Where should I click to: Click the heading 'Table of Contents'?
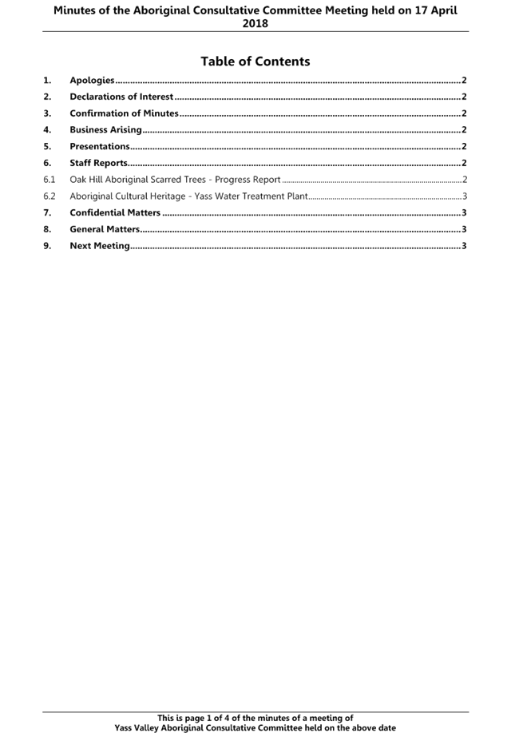click(255, 61)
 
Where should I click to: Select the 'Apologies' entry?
click(92, 81)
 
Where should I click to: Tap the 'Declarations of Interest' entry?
click(121, 97)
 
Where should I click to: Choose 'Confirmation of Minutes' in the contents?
click(124, 113)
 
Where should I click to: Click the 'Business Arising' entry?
click(105, 130)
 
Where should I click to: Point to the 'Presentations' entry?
click(100, 146)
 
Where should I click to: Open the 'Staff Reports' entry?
click(98, 163)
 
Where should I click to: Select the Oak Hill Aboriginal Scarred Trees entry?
click(175, 180)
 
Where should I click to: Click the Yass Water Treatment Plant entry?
click(188, 196)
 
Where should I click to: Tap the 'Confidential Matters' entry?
click(115, 212)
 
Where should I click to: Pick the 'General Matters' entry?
click(104, 229)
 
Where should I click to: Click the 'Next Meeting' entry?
click(99, 246)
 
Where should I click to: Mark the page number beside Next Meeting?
click(464, 246)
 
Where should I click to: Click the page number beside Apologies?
click(464, 81)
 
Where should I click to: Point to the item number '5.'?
click(48, 146)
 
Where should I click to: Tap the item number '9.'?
click(48, 246)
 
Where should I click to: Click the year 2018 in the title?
click(255, 23)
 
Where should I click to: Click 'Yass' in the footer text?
click(123, 727)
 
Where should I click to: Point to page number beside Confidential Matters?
click(464, 212)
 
